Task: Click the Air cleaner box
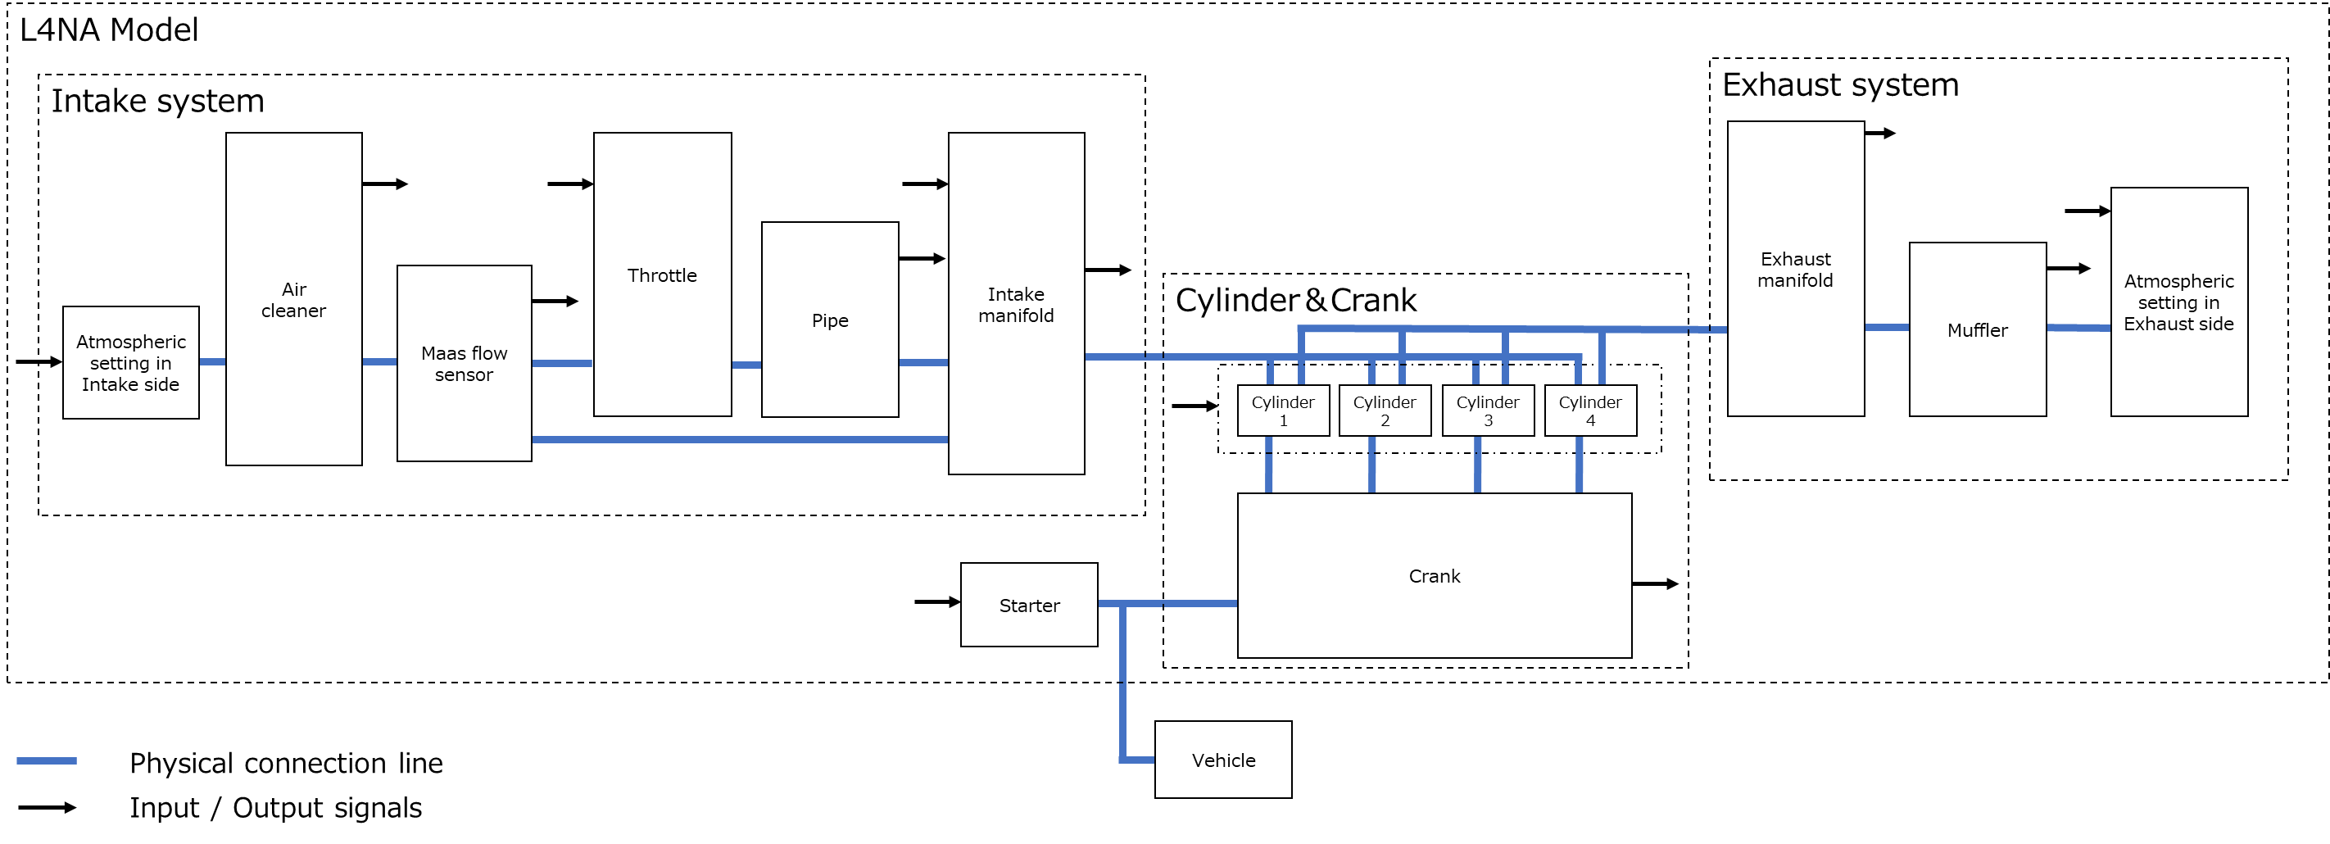pyautogui.click(x=294, y=298)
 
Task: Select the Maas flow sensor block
pyautogui.click(x=464, y=363)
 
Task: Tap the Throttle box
pyautogui.click(x=662, y=275)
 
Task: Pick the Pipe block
pyautogui.click(x=829, y=320)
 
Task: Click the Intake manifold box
pyautogui.click(x=1016, y=303)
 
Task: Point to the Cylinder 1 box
pyautogui.click(x=1283, y=411)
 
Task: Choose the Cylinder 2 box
pyautogui.click(x=1385, y=411)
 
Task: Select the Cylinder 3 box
pyautogui.click(x=1488, y=411)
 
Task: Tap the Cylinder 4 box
pyautogui.click(x=1590, y=411)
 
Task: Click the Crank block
pyautogui.click(x=1434, y=575)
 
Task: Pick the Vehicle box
pyautogui.click(x=1223, y=760)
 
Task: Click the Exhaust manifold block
pyautogui.click(x=1796, y=269)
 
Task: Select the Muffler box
pyautogui.click(x=1977, y=329)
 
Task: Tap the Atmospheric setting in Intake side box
pyautogui.click(x=130, y=362)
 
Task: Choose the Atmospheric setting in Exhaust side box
pyautogui.click(x=2179, y=302)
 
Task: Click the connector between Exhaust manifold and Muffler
pyautogui.click(x=1887, y=328)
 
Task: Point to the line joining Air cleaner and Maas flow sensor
pyautogui.click(x=379, y=362)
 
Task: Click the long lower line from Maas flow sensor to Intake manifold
pyautogui.click(x=740, y=440)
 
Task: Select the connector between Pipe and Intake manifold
pyautogui.click(x=922, y=363)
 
